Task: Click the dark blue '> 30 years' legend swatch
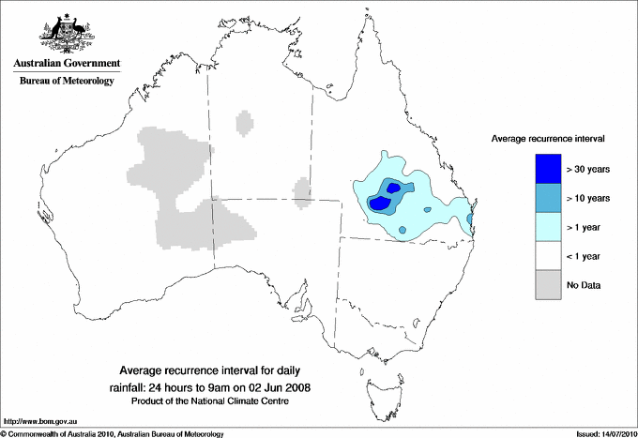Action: pos(548,168)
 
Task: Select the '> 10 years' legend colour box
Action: pos(548,198)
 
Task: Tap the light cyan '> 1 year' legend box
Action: pos(548,227)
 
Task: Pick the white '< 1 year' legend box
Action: pos(548,256)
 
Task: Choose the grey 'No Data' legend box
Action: pos(548,285)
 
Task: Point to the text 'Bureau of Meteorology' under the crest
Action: pos(67,82)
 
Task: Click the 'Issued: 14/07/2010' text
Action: pos(600,433)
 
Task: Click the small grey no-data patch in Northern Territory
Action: pos(245,123)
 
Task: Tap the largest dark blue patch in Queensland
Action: pos(380,203)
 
